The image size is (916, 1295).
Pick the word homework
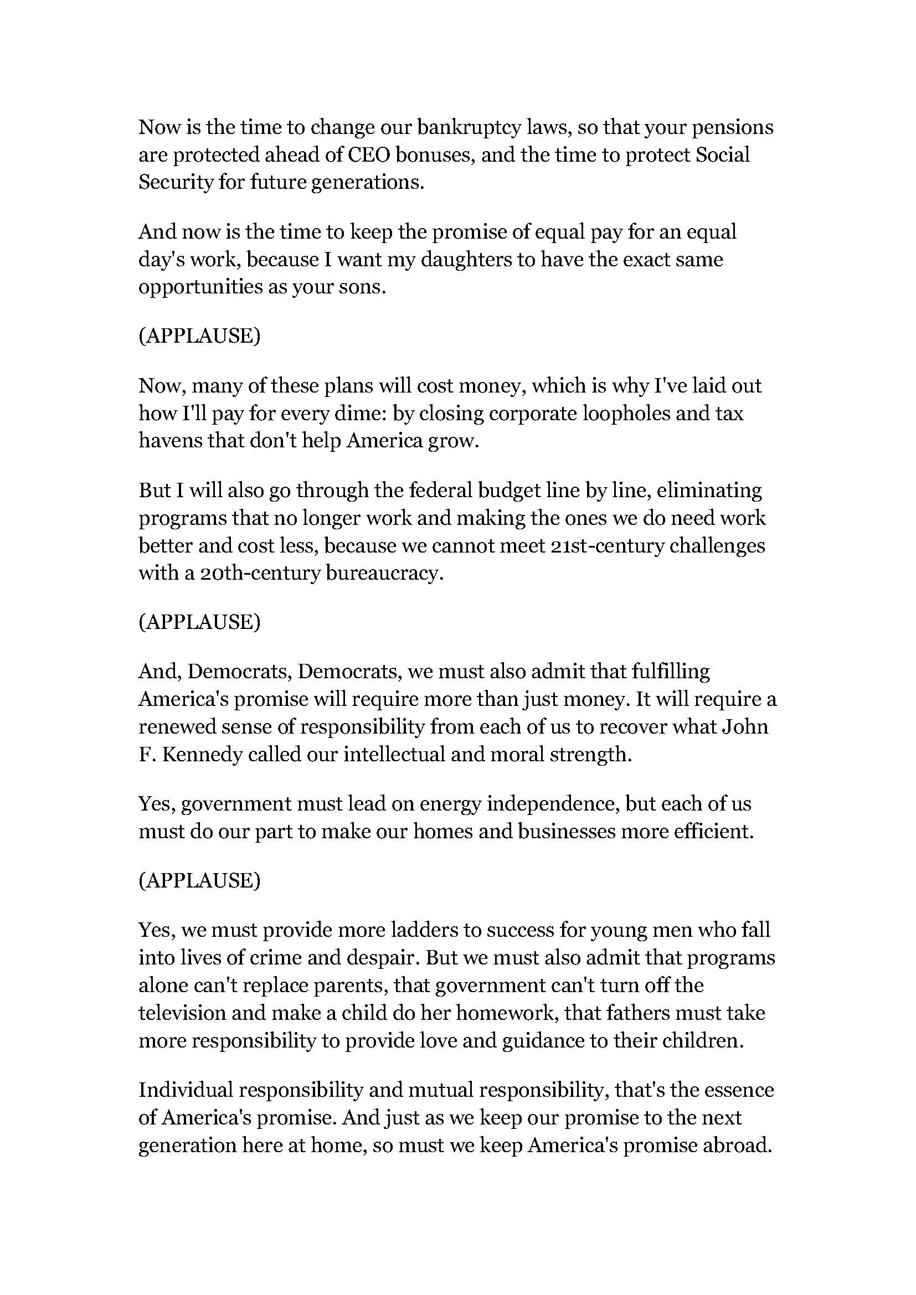pos(507,1013)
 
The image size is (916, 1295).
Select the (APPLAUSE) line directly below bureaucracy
pos(200,622)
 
